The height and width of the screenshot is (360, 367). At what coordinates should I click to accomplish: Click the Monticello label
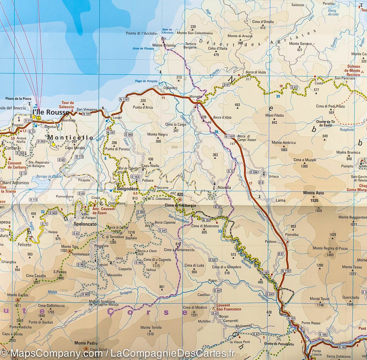(x=70, y=138)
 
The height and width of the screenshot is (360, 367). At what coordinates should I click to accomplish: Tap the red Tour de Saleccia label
(x=68, y=105)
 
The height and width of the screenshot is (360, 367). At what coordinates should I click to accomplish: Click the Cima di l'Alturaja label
(x=180, y=206)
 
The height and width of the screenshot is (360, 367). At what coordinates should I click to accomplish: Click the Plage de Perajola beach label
(x=146, y=81)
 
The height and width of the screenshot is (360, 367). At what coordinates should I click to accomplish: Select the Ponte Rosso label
(x=311, y=323)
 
